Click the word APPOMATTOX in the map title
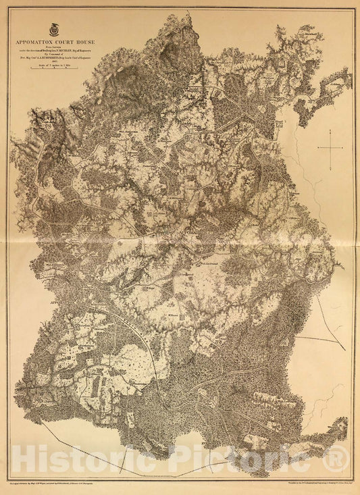[40, 42]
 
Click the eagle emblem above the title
[55, 30]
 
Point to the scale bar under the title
[55, 70]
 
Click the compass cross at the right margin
[330, 147]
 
